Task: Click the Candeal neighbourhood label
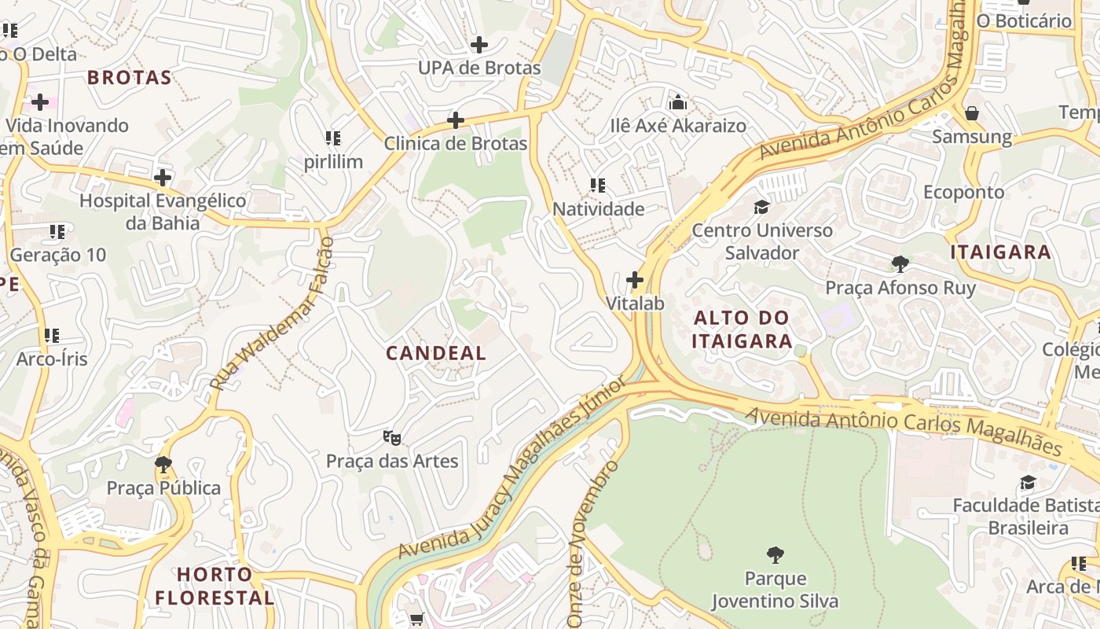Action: tap(436, 353)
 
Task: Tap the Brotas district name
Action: tap(129, 77)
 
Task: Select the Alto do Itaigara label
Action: tap(742, 329)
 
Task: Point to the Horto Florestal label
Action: tap(214, 586)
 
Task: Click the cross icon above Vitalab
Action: tap(635, 279)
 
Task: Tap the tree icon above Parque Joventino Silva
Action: tap(775, 554)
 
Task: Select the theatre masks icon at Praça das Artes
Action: tap(391, 437)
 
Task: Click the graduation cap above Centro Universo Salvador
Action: tap(761, 207)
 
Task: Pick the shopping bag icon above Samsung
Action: tap(971, 113)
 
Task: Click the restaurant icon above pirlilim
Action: tap(333, 138)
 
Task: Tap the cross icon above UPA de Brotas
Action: tap(478, 44)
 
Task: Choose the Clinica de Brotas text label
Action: tap(455, 144)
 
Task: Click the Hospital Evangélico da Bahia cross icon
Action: tap(163, 177)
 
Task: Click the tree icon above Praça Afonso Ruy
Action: tap(900, 263)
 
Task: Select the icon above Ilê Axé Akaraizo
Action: tap(677, 102)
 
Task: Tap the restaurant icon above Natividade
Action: tap(598, 186)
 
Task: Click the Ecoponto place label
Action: tap(963, 192)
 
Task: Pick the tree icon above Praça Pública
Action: tap(163, 464)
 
